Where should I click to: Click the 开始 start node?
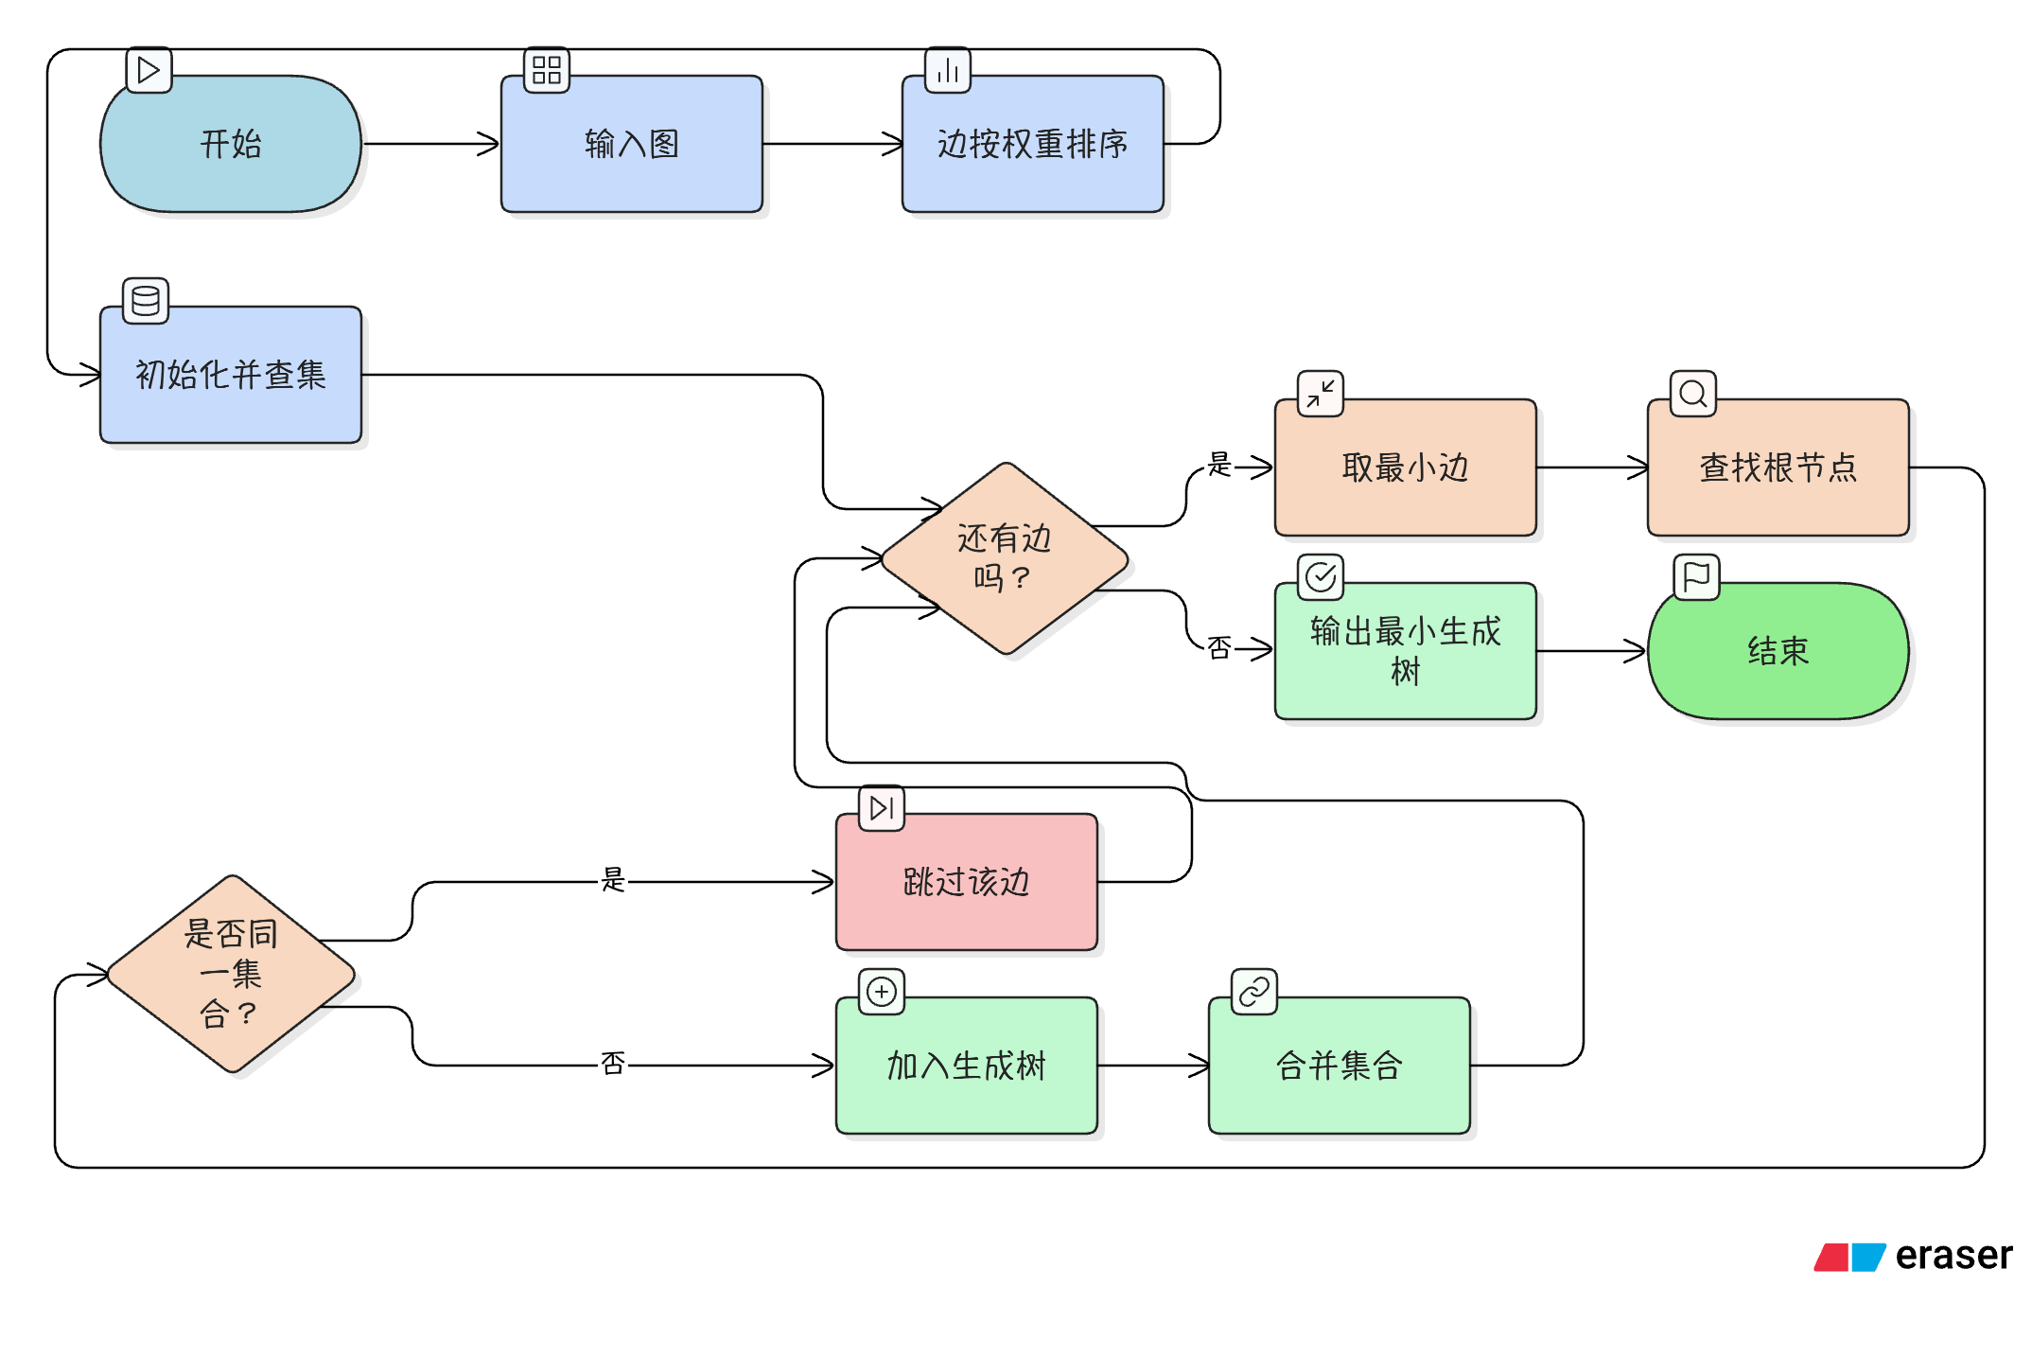pyautogui.click(x=231, y=144)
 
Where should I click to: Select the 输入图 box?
pyautogui.click(x=631, y=144)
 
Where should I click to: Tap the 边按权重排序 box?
pyautogui.click(x=1032, y=144)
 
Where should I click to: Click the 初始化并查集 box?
pyautogui.click(x=231, y=375)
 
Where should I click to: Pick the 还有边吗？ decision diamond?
pyautogui.click(x=1005, y=558)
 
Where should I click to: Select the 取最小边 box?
pyautogui.click(x=1405, y=467)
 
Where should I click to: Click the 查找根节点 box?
pyautogui.click(x=1778, y=467)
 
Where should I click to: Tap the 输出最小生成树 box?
pyautogui.click(x=1405, y=651)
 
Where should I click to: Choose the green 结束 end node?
pyautogui.click(x=1778, y=651)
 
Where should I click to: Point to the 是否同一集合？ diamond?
pyautogui.click(x=231, y=974)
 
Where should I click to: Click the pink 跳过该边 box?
pyautogui.click(x=966, y=882)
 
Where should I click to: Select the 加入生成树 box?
pyautogui.click(x=966, y=1066)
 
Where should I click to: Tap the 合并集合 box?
pyautogui.click(x=1339, y=1066)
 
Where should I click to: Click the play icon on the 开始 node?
pyautogui.click(x=149, y=70)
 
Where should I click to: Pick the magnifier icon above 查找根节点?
pyautogui.click(x=1693, y=394)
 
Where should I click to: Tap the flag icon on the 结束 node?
pyautogui.click(x=1696, y=577)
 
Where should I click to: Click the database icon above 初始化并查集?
pyautogui.click(x=146, y=301)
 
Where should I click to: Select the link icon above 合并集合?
pyautogui.click(x=1254, y=992)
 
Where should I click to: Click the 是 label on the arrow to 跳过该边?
pyautogui.click(x=613, y=880)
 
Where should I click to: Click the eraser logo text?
pyautogui.click(x=1953, y=1257)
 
